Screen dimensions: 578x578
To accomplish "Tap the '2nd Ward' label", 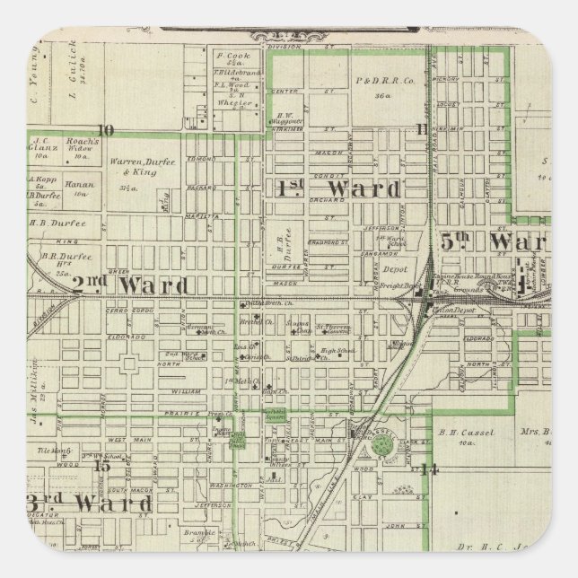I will point(131,285).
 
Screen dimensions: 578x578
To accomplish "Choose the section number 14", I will point(429,468).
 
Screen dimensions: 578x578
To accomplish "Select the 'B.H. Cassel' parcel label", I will point(455,432).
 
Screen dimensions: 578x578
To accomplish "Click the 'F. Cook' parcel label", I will point(224,56).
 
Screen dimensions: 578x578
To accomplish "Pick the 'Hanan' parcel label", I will point(81,188).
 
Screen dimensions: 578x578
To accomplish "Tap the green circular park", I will point(382,443).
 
